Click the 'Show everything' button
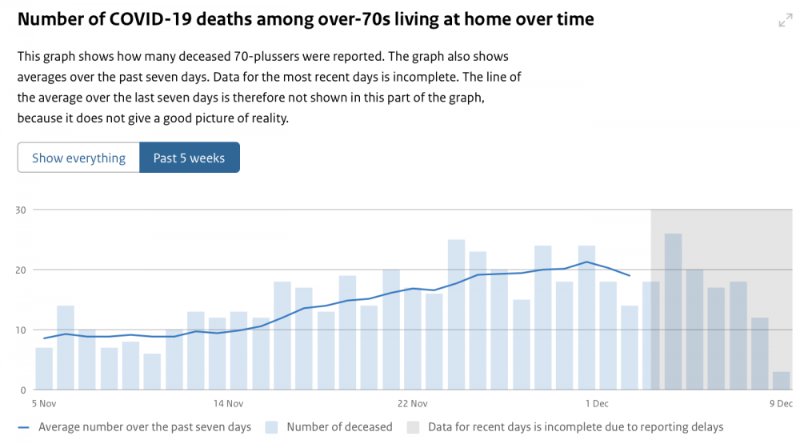[78, 158]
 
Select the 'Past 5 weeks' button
[190, 158]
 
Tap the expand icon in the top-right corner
[786, 21]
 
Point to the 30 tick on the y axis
[21, 210]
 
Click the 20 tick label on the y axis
[21, 270]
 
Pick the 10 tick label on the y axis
[21, 330]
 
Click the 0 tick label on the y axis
[23, 390]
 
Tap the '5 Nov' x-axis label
[44, 404]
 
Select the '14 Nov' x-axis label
[228, 404]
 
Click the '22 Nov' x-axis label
[412, 404]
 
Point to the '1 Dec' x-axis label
[597, 404]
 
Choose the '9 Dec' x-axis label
[781, 404]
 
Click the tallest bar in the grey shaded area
[673, 311]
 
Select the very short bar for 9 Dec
[781, 381]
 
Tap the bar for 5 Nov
[44, 369]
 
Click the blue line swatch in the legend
[23, 428]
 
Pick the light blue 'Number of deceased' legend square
[271, 427]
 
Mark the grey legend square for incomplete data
[413, 427]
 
